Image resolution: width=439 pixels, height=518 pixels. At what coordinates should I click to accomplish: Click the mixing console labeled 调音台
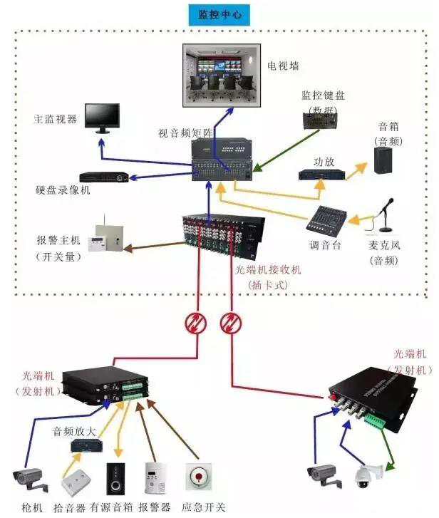(x=325, y=218)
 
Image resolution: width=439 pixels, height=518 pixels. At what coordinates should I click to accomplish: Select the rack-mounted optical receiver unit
(x=221, y=232)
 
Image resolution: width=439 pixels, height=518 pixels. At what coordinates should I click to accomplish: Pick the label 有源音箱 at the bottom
(x=112, y=507)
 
